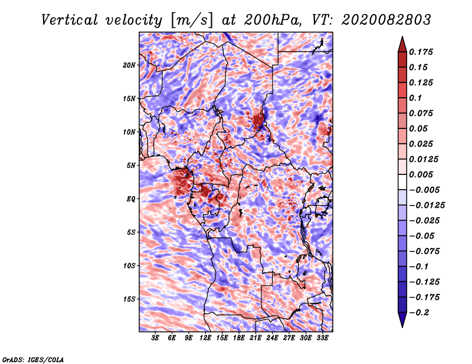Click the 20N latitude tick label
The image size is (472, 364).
coord(129,65)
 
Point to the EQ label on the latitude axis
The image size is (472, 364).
coord(131,199)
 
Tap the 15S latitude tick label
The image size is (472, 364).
coord(129,299)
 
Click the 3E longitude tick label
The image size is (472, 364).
coord(156,339)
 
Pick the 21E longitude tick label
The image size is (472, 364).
coord(255,339)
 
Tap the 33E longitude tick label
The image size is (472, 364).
coord(322,339)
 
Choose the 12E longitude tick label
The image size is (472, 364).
coord(205,339)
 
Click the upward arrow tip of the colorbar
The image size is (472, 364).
coord(402,37)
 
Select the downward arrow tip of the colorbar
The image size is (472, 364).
coord(402,326)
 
